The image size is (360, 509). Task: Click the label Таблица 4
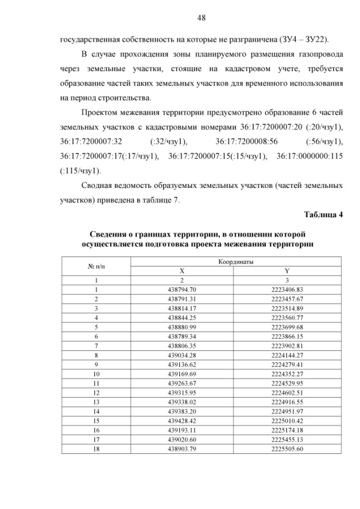(x=323, y=214)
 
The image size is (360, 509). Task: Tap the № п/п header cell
(x=96, y=266)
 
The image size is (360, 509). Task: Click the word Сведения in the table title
(x=110, y=233)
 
